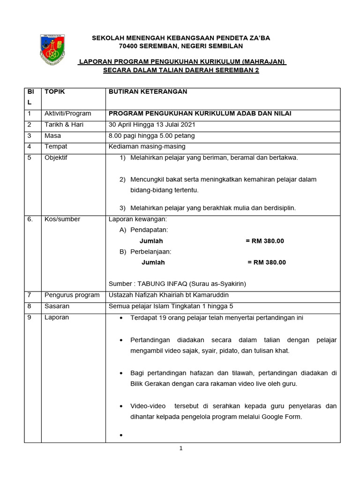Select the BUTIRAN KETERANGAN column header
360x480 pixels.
148,92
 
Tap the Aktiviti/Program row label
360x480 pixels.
67,113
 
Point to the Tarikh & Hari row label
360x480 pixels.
64,125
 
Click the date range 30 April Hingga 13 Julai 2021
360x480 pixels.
152,125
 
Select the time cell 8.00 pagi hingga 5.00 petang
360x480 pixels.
151,136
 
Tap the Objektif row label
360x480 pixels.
56,157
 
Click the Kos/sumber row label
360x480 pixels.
62,219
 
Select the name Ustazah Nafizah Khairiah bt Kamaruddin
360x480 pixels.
169,295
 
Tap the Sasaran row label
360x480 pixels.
57,306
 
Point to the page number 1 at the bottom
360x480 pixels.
181,448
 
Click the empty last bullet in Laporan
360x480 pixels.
121,436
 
